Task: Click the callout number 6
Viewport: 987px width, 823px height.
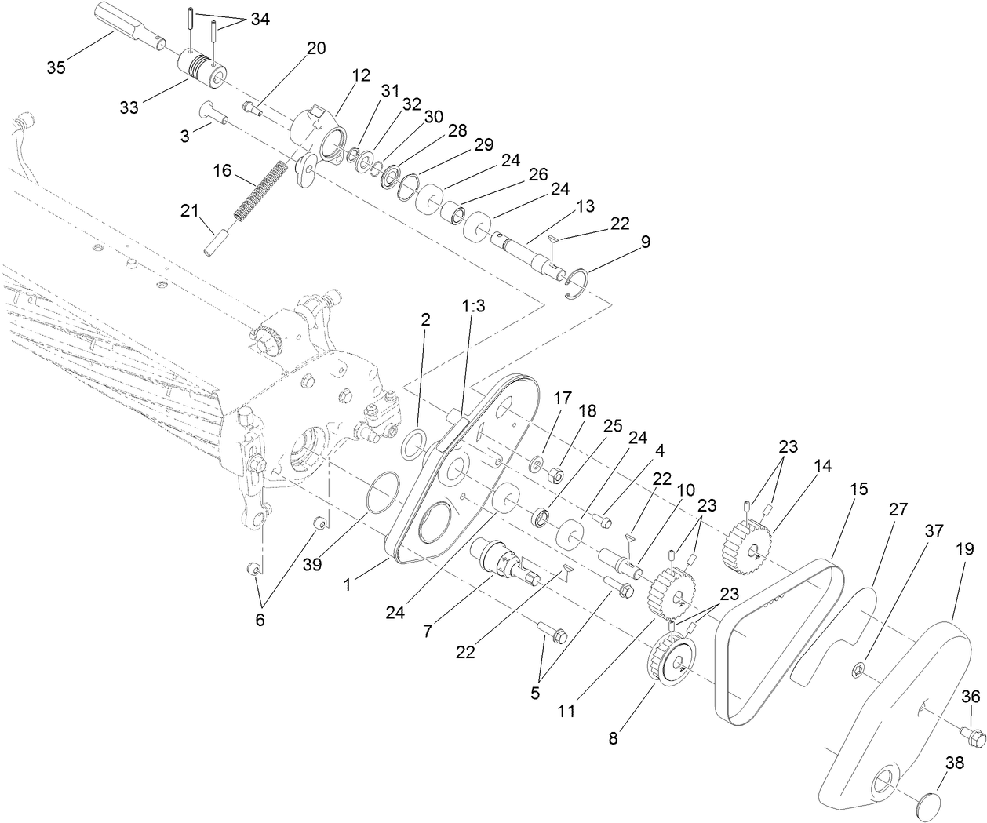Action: [x=260, y=620]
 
